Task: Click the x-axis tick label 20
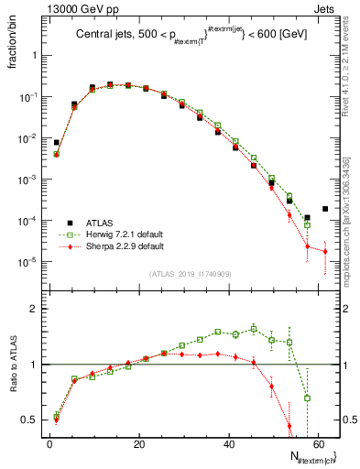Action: click(138, 443)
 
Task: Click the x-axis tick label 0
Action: click(49, 443)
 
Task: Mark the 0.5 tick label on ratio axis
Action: click(31, 420)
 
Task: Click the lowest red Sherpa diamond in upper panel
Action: click(325, 251)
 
